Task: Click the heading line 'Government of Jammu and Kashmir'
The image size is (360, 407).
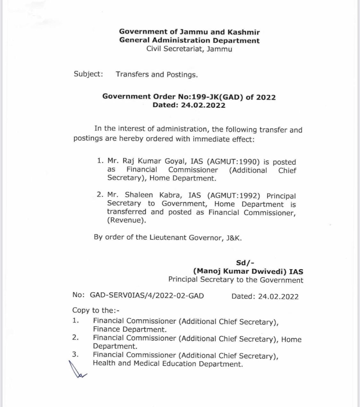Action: point(189,32)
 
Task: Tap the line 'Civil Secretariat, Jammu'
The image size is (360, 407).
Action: point(189,49)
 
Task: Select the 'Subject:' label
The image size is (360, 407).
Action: point(88,74)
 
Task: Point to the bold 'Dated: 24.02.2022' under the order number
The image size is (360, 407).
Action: point(189,105)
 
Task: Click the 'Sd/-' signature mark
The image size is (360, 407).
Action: point(245,263)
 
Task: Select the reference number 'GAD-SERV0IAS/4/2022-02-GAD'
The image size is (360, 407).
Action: point(147,296)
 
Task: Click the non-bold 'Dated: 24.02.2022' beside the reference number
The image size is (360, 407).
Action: point(265,297)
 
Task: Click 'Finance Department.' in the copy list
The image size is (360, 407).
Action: point(130,330)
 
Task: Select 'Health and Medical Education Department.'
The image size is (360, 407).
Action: point(168,364)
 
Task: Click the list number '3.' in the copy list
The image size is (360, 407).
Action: point(76,354)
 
